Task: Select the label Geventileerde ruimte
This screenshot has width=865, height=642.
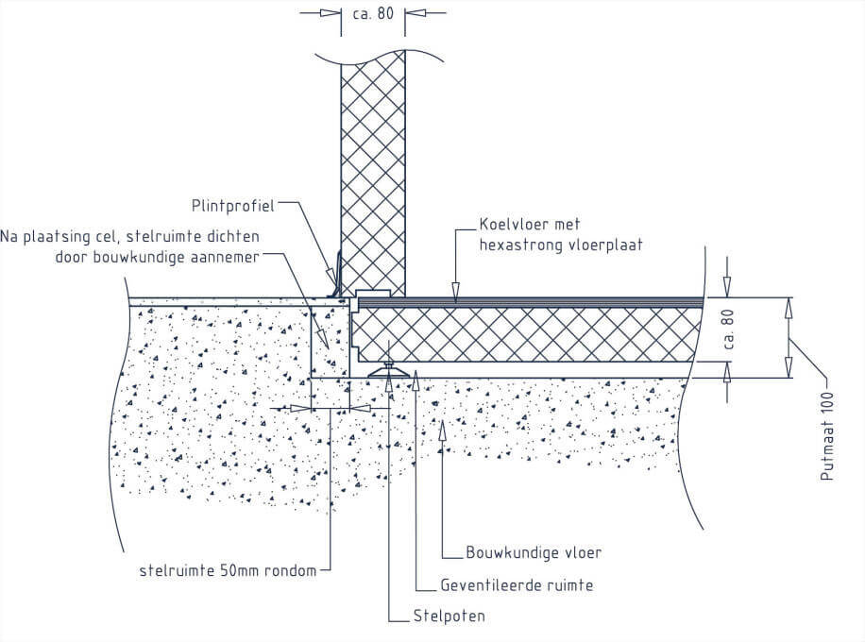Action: coord(517,585)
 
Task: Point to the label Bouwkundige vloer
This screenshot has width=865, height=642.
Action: coord(534,552)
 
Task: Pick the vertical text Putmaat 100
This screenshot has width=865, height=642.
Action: coord(827,436)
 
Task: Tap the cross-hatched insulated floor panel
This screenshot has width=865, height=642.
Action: coord(529,334)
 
